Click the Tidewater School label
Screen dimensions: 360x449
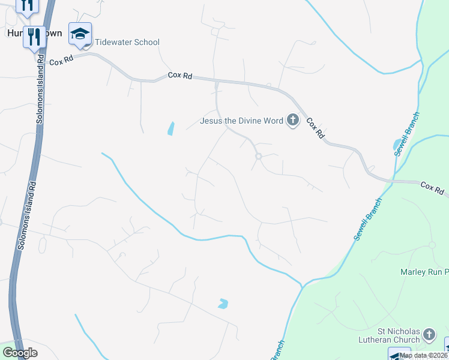click(126, 42)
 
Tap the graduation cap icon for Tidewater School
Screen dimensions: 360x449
click(79, 34)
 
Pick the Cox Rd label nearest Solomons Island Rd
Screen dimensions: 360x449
click(61, 61)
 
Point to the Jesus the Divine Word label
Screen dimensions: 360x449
click(241, 121)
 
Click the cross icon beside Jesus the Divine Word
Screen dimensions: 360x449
click(292, 121)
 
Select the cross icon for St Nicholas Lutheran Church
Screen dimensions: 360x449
click(429, 334)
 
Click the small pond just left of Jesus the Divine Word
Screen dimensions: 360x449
click(171, 128)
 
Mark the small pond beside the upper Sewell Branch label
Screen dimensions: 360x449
click(397, 144)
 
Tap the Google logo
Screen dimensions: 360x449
click(20, 353)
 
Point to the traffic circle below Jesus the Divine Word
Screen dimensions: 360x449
click(259, 156)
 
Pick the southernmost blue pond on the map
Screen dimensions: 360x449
click(223, 304)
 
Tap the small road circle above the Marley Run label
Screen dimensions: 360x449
click(432, 245)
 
